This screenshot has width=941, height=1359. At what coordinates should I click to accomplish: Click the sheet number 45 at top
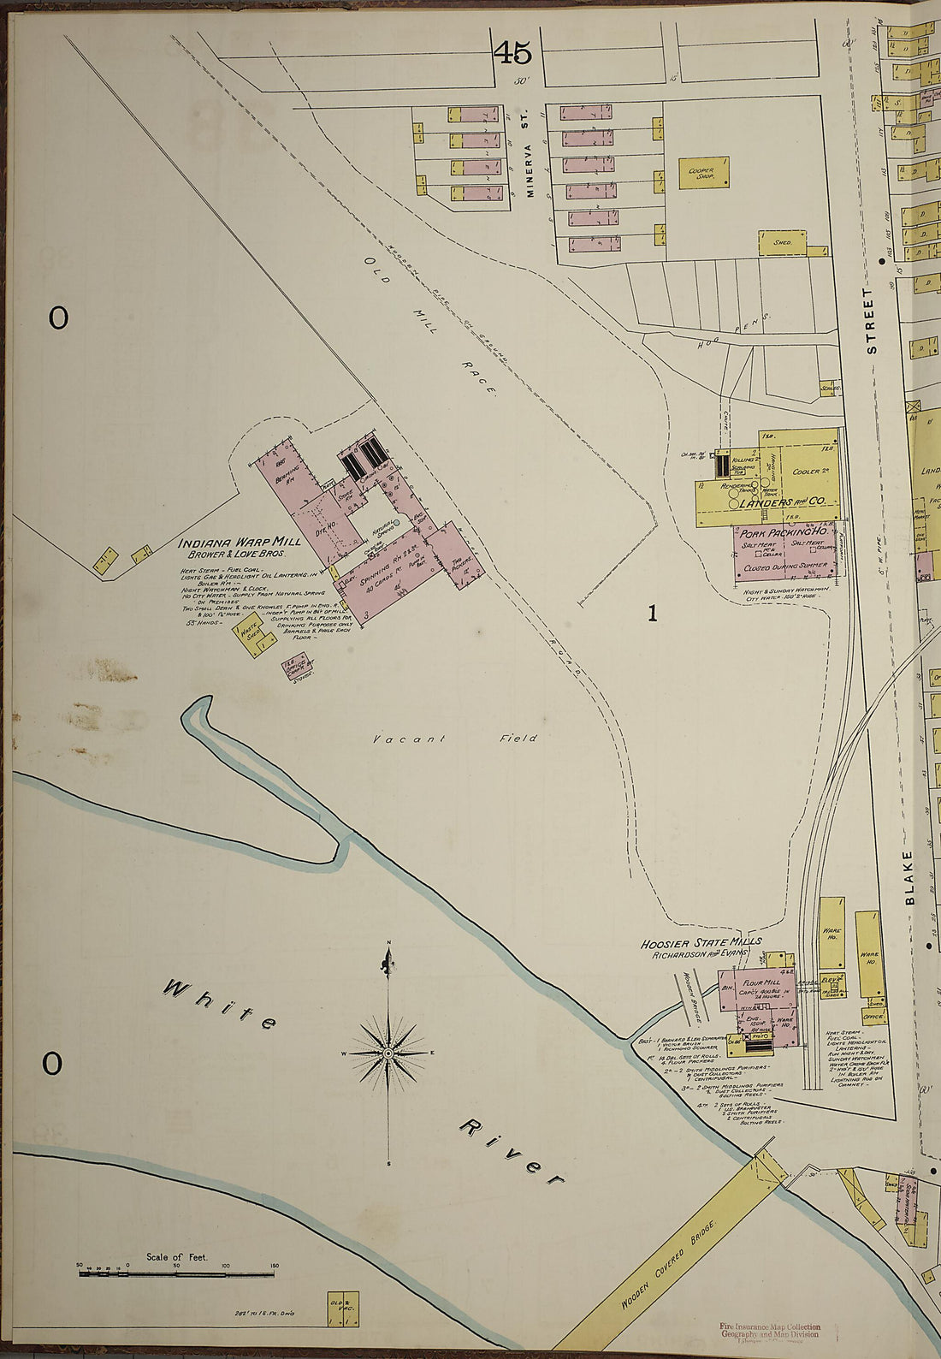512,53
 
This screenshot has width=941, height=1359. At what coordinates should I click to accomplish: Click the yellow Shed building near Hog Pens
782,243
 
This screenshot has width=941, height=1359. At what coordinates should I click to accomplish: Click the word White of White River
221,1008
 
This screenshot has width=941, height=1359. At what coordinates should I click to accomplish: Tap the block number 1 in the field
653,613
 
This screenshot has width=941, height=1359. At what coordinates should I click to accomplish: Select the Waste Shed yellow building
255,633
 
